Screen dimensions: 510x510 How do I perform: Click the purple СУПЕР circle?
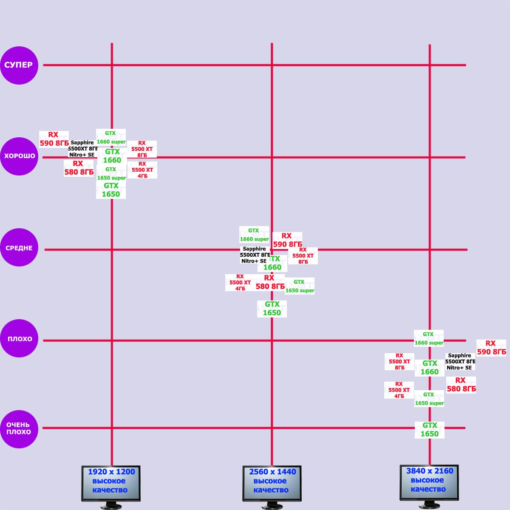[x=19, y=65]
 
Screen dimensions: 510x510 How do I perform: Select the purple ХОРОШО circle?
[x=19, y=156]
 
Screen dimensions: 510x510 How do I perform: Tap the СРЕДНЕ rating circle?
[x=19, y=248]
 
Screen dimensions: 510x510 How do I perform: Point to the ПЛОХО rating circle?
[x=19, y=339]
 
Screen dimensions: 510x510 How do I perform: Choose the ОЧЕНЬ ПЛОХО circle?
[x=19, y=429]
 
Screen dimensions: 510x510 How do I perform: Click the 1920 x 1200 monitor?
[x=110, y=483]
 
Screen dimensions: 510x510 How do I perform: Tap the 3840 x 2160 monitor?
[x=429, y=482]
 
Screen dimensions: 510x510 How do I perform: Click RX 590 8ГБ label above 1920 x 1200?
[x=54, y=139]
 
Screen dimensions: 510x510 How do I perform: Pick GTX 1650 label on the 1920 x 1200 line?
[x=111, y=190]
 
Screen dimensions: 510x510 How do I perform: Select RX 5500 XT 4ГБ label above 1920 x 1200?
[x=142, y=170]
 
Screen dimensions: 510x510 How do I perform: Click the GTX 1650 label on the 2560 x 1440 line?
[x=272, y=309]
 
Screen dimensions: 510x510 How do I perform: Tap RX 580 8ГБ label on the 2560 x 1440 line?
[x=270, y=282]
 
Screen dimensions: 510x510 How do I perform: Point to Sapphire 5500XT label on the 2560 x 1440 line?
[x=255, y=255]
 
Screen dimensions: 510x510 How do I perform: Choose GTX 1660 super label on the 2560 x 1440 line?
[x=254, y=235]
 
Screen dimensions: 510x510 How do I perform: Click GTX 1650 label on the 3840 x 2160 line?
[x=430, y=430]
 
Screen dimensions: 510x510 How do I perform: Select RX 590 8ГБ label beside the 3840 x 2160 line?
[x=491, y=348]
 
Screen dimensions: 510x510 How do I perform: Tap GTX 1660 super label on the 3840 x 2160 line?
[x=429, y=338]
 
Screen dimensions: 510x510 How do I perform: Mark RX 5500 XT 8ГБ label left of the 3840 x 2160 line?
[x=399, y=362]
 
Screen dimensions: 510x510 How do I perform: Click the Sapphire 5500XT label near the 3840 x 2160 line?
[x=460, y=362]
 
